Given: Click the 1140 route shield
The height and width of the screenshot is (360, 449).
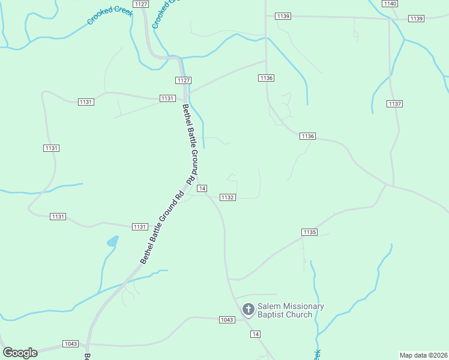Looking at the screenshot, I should click(390, 4).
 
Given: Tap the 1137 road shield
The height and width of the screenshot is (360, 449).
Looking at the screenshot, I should click(394, 104).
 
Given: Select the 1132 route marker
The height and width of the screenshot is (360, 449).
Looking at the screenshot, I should click(227, 197).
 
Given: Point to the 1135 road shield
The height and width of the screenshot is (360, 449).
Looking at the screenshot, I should click(309, 232).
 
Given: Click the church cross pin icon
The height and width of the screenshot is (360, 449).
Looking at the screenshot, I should click(248, 310).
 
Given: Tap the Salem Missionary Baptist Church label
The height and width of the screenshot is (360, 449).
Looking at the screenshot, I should click(291, 310).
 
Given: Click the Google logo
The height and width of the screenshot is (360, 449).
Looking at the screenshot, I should click(20, 353).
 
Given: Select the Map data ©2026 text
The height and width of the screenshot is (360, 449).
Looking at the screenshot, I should click(423, 355).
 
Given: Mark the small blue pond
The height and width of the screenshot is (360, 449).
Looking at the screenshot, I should click(112, 241).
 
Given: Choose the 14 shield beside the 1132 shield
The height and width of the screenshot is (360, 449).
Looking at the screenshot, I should click(203, 188).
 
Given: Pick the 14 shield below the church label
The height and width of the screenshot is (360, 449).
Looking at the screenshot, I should click(256, 334).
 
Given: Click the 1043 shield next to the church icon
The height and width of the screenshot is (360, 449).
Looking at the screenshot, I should click(226, 320).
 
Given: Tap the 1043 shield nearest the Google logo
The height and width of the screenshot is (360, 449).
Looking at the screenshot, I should click(70, 344).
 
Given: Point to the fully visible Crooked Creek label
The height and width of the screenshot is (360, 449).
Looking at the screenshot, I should click(109, 16).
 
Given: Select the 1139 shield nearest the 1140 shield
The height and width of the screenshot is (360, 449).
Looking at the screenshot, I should click(417, 19).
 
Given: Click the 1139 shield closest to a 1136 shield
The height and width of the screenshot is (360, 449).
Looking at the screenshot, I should click(283, 16).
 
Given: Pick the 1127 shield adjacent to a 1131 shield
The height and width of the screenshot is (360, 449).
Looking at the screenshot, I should click(184, 80).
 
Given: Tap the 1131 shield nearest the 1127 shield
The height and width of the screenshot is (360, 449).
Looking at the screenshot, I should click(167, 98).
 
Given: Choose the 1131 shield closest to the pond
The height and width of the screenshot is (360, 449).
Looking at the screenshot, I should click(140, 226).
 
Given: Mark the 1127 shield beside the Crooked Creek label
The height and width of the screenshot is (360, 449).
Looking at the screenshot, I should click(141, 4).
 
